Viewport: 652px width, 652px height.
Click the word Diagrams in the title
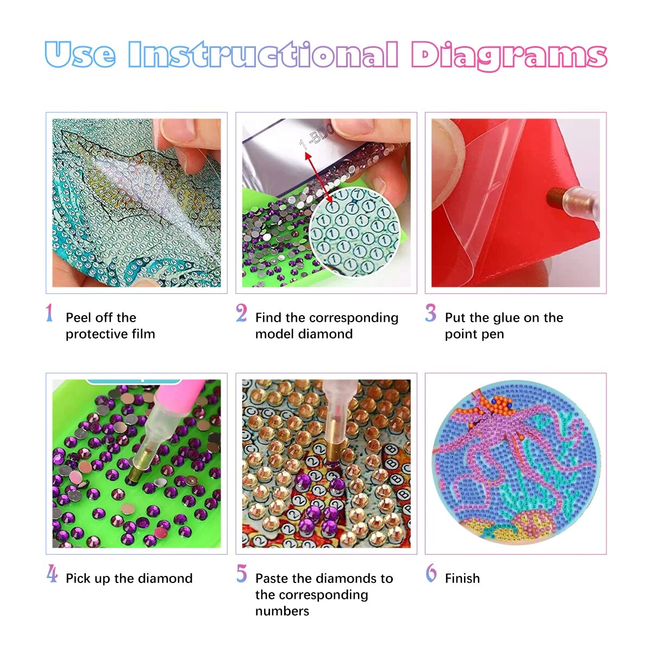(x=508, y=56)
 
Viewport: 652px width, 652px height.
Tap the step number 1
(x=49, y=314)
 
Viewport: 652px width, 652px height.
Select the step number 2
(x=241, y=314)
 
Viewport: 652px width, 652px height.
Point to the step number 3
(x=430, y=314)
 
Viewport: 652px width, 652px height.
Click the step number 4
(x=52, y=574)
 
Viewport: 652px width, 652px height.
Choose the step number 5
(x=241, y=574)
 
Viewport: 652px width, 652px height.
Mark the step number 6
(x=431, y=574)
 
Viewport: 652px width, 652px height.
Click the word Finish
(x=462, y=579)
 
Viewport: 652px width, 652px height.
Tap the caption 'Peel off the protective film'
(x=110, y=325)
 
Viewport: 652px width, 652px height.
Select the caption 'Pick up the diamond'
(x=129, y=579)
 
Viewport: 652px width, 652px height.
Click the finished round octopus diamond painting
(x=515, y=463)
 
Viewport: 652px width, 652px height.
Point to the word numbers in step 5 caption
(x=282, y=611)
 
